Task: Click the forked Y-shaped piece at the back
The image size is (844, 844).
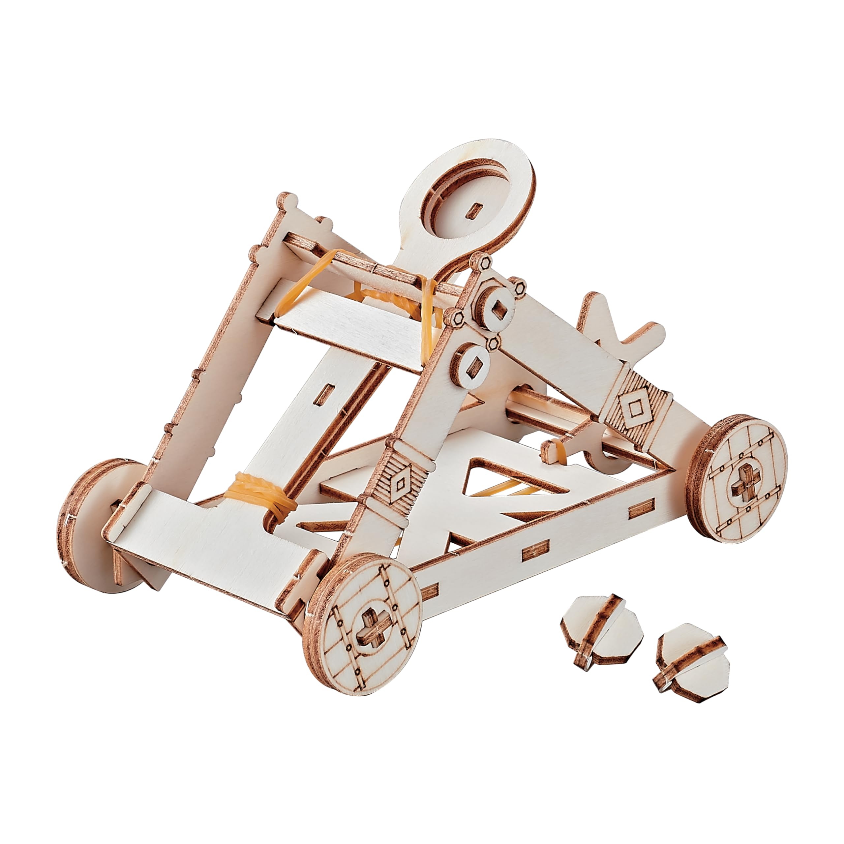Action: [620, 323]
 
